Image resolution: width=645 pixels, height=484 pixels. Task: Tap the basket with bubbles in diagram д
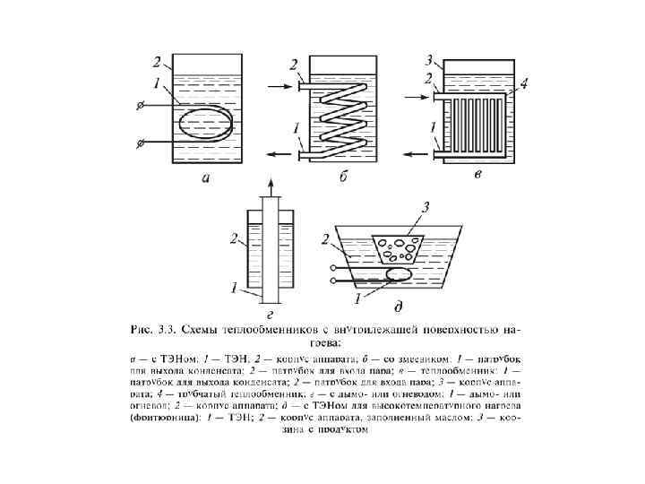coord(400,244)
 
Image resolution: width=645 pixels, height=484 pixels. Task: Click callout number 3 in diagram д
coord(427,207)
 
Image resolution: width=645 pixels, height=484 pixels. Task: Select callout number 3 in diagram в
coord(429,61)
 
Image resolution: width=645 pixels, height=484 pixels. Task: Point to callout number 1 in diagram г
coord(234,290)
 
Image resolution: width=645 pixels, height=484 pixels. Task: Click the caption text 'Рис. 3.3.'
coord(154,328)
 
